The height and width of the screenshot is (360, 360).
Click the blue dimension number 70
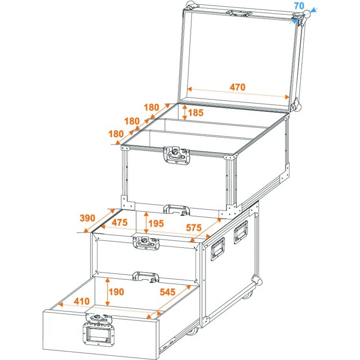pos(299,6)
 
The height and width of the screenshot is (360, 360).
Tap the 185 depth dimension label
pos(195,113)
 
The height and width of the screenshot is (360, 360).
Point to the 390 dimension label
pos(87,218)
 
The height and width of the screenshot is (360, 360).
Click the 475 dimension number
pos(119,223)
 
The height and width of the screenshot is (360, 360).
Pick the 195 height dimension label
pos(156,224)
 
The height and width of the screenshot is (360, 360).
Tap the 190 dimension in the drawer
pos(117,292)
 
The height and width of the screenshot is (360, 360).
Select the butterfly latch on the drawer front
pos(99,319)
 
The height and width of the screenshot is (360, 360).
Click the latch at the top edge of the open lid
pos(238,13)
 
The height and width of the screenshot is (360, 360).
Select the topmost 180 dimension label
pos(152,107)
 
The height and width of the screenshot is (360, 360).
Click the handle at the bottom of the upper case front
pos(176,210)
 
